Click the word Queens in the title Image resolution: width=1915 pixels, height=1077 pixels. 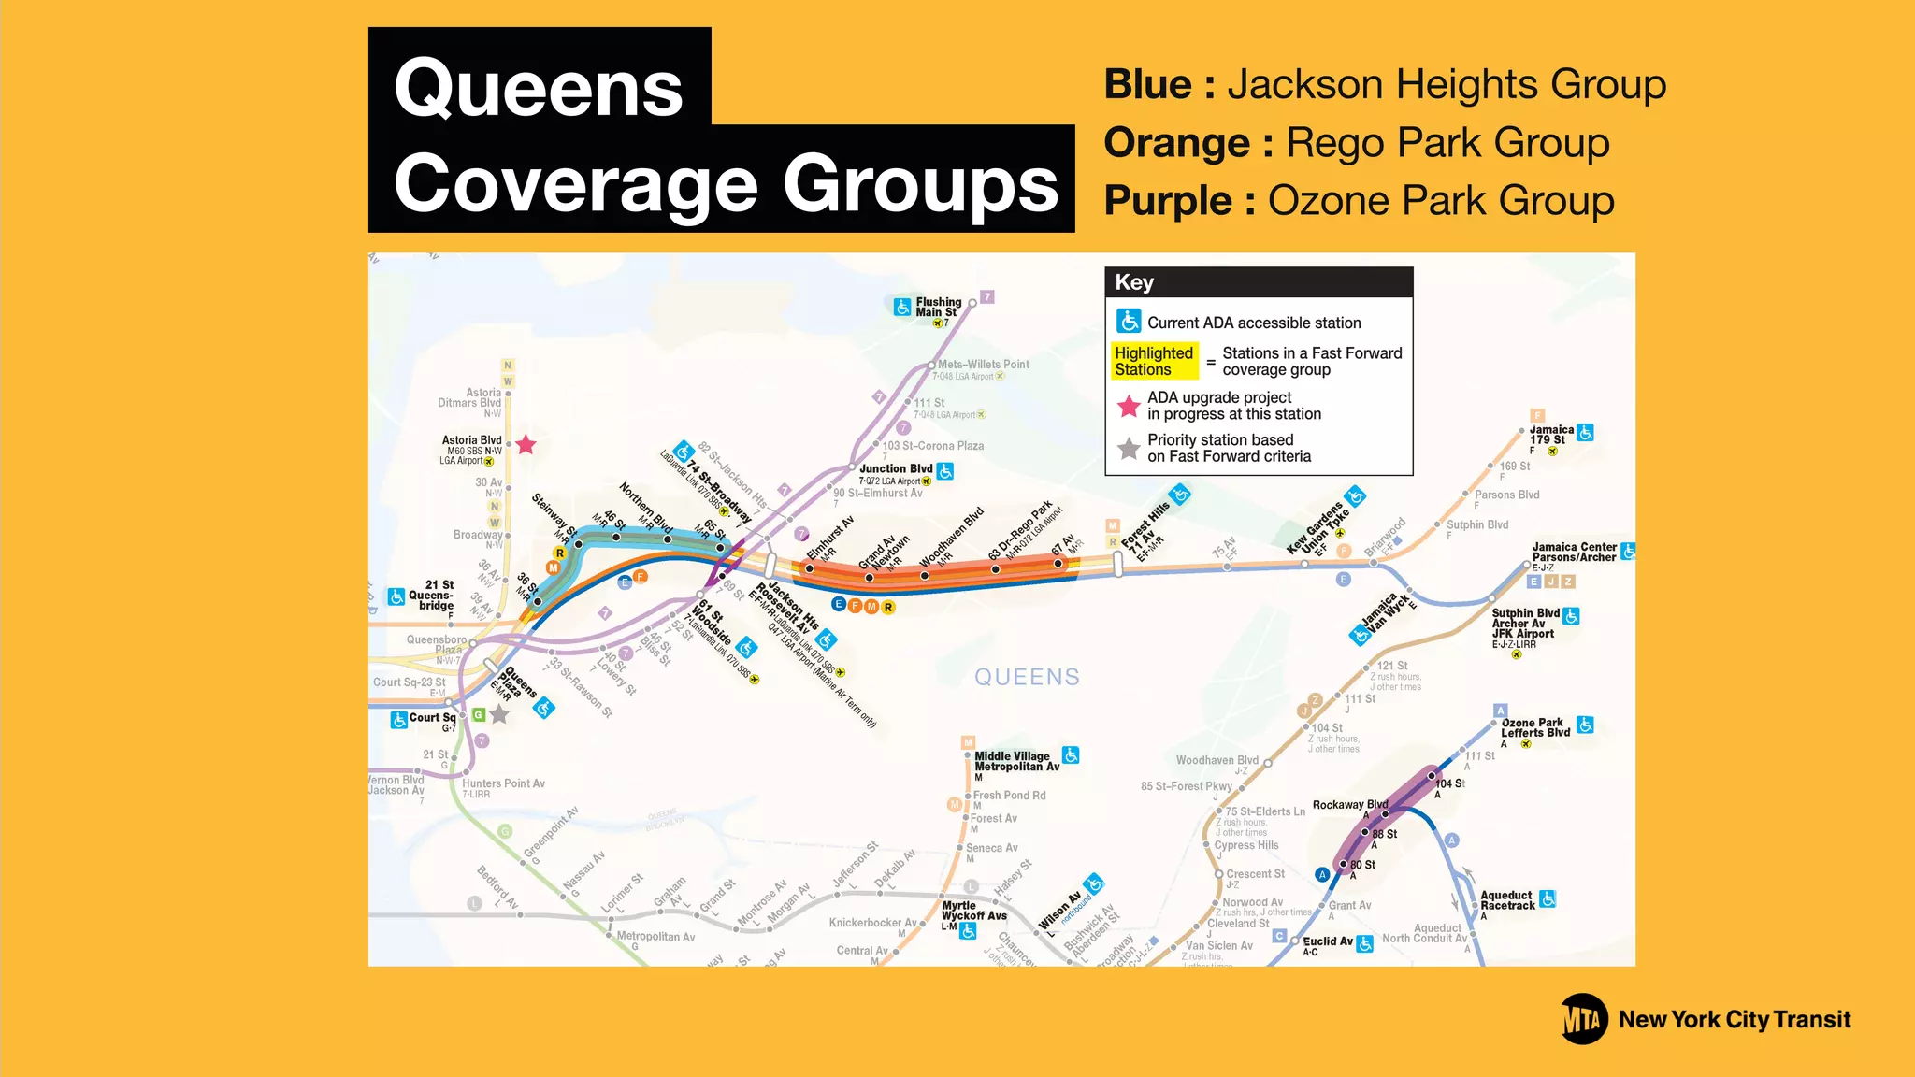tap(539, 89)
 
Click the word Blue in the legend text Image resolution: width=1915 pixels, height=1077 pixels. tap(1147, 85)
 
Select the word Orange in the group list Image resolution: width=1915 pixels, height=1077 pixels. tap(1176, 143)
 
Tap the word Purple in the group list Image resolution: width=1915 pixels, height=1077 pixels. tap(1168, 201)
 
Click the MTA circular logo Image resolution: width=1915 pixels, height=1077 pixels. tap(1584, 1019)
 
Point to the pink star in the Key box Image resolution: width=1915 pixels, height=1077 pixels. tap(1129, 407)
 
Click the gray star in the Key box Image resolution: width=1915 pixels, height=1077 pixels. tap(1129, 449)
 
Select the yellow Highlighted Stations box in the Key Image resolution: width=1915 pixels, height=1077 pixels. tap(1154, 361)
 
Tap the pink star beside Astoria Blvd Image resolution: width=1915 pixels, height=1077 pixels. tap(526, 445)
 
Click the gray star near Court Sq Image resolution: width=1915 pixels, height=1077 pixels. tap(500, 715)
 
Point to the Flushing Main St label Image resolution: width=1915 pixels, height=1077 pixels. tap(938, 308)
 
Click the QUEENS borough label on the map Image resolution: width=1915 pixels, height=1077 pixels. tap(1027, 677)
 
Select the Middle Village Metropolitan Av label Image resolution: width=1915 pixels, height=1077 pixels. tap(1016, 761)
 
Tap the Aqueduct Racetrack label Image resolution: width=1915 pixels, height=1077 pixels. tap(1507, 900)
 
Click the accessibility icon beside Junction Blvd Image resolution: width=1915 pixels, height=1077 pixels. tap(945, 471)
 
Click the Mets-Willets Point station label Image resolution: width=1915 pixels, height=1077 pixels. tap(983, 365)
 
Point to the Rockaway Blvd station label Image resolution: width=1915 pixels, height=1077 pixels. tap(1349, 805)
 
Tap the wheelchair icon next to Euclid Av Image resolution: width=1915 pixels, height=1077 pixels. tap(1365, 944)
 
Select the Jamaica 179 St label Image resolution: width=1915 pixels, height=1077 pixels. tap(1550, 435)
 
